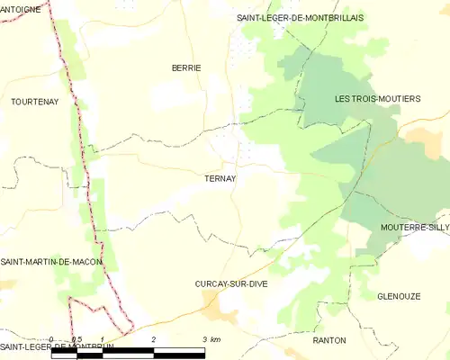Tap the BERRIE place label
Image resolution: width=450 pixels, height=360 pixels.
(186, 67)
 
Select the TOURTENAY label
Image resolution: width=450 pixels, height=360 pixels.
(34, 102)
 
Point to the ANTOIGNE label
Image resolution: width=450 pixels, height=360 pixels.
(22, 8)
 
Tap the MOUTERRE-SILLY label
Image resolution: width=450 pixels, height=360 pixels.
(414, 228)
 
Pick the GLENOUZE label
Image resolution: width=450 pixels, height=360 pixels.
(399, 295)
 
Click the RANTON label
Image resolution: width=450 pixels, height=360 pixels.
(328, 340)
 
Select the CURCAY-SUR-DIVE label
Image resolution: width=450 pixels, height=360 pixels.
(231, 283)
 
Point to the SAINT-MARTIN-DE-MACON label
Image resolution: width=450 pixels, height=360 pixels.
(51, 261)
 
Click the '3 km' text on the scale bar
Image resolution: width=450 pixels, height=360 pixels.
(211, 339)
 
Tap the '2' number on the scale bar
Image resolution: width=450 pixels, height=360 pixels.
(154, 339)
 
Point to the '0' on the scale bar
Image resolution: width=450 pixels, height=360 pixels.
(52, 339)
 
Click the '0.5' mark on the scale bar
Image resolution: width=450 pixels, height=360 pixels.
(77, 339)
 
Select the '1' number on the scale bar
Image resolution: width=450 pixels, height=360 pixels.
(103, 339)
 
